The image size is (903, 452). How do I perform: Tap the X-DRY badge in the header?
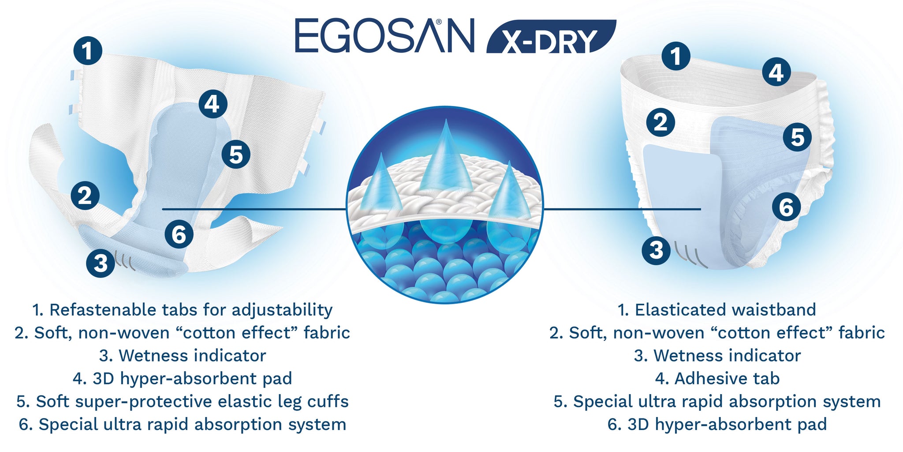[x=551, y=37]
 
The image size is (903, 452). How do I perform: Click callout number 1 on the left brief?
[x=88, y=50]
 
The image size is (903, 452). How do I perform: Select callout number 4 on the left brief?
[x=213, y=104]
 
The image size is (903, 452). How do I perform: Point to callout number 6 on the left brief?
[x=179, y=234]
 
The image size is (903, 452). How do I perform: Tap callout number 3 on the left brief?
[x=101, y=263]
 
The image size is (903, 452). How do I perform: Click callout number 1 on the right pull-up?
[x=675, y=56]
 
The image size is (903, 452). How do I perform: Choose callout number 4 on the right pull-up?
[x=776, y=72]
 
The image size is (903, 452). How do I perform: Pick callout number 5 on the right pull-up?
[x=797, y=137]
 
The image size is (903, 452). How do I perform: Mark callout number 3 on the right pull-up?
[x=656, y=250]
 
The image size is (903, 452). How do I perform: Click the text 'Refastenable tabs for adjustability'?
[x=191, y=310]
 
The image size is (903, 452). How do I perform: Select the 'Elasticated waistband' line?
[x=725, y=310]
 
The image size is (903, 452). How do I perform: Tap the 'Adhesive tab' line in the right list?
[x=727, y=379]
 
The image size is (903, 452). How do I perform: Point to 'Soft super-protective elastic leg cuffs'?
[x=192, y=402]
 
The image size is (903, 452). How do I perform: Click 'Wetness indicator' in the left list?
[x=192, y=356]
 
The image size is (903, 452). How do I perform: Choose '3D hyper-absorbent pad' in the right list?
[x=727, y=425]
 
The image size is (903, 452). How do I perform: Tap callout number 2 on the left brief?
[x=85, y=196]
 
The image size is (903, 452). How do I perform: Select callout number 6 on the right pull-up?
[x=786, y=207]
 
